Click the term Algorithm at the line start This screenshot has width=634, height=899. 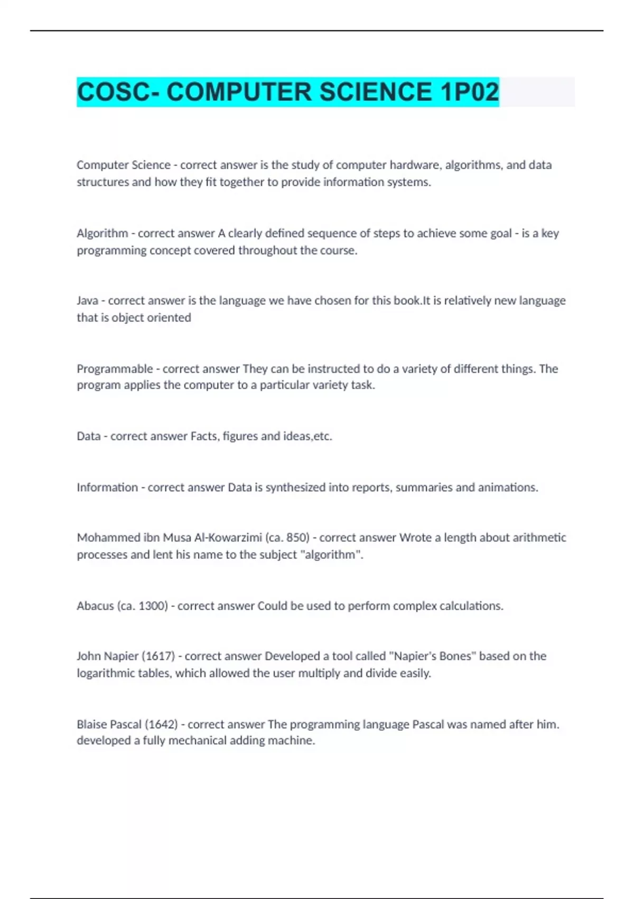[x=102, y=233]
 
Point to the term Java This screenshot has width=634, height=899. [x=87, y=301]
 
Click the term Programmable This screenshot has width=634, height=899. [x=115, y=369]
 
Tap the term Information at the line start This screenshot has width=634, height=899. [x=107, y=487]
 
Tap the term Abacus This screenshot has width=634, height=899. [x=95, y=606]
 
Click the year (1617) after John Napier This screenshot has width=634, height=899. [x=158, y=656]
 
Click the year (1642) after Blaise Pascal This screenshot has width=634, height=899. [x=161, y=724]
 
